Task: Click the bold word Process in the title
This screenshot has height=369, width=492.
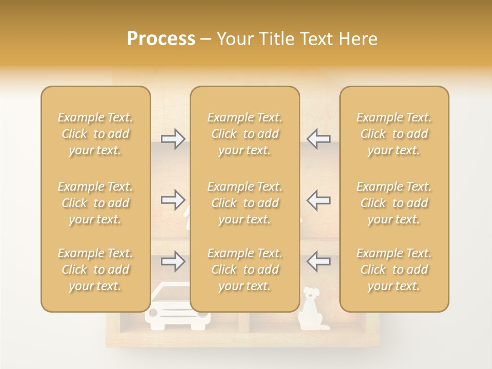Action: (x=161, y=39)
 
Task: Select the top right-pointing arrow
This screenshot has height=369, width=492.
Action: (x=173, y=138)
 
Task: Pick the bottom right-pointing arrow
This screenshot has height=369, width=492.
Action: (x=173, y=261)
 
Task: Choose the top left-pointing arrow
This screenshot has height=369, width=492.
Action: (x=318, y=138)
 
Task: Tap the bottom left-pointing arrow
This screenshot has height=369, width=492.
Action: (x=318, y=261)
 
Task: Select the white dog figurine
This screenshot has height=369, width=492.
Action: (x=310, y=308)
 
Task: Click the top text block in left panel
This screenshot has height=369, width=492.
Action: (x=95, y=134)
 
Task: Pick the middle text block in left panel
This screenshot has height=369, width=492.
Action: (x=95, y=203)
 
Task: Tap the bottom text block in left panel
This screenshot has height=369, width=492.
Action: (x=95, y=270)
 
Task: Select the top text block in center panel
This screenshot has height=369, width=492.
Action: (x=245, y=134)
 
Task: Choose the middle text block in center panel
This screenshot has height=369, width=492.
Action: (x=245, y=203)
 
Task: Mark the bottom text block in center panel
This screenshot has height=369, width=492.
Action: (x=245, y=270)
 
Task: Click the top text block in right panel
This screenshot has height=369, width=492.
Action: (x=394, y=134)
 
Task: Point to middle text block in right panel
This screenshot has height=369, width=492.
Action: (x=394, y=203)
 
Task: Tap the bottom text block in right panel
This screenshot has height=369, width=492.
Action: (x=394, y=270)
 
